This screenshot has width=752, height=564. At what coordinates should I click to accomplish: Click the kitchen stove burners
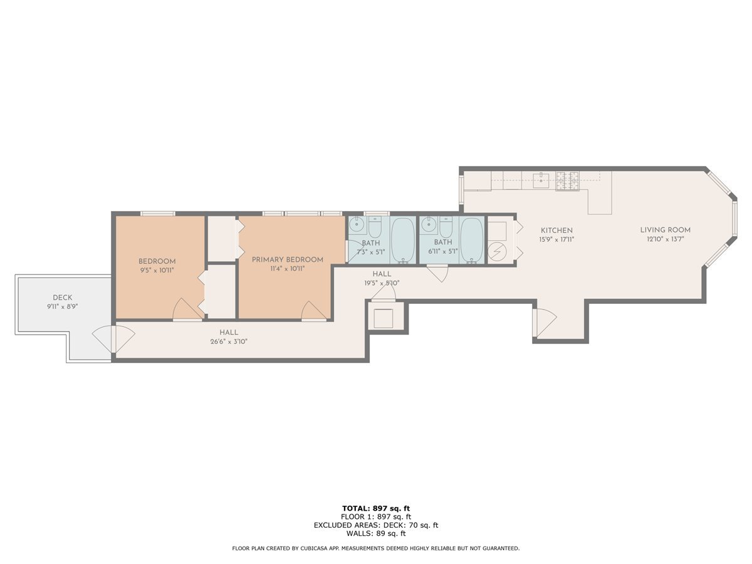pyautogui.click(x=568, y=180)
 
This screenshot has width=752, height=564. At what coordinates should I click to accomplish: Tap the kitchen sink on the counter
pyautogui.click(x=541, y=180)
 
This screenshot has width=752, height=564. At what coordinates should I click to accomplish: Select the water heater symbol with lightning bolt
pyautogui.click(x=497, y=251)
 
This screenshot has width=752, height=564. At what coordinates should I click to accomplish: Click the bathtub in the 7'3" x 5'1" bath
pyautogui.click(x=402, y=240)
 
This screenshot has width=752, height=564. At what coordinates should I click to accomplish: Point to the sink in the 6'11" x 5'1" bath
pyautogui.click(x=429, y=224)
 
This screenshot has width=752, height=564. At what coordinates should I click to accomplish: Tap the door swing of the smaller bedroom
pyautogui.click(x=185, y=309)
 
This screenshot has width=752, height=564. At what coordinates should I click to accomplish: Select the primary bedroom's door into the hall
pyautogui.click(x=314, y=311)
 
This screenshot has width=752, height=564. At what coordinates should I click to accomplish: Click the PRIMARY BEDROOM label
pyautogui.click(x=288, y=259)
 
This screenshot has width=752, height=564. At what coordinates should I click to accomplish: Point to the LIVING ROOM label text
pyautogui.click(x=665, y=230)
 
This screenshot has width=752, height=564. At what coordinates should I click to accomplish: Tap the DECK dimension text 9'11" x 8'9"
pyautogui.click(x=62, y=307)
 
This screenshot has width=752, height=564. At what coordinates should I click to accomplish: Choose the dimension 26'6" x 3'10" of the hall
pyautogui.click(x=228, y=342)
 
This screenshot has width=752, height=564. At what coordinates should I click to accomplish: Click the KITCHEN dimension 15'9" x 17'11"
pyautogui.click(x=556, y=239)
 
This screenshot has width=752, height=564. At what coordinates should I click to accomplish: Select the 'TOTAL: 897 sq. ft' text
pyautogui.click(x=376, y=508)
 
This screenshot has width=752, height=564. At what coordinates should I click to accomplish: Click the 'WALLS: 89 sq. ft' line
pyautogui.click(x=376, y=534)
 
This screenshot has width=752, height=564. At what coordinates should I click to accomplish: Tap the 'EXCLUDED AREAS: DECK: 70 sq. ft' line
pyautogui.click(x=376, y=525)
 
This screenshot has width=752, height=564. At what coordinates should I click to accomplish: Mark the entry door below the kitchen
pyautogui.click(x=544, y=322)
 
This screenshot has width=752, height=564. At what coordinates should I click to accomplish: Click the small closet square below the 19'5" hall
pyautogui.click(x=385, y=318)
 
